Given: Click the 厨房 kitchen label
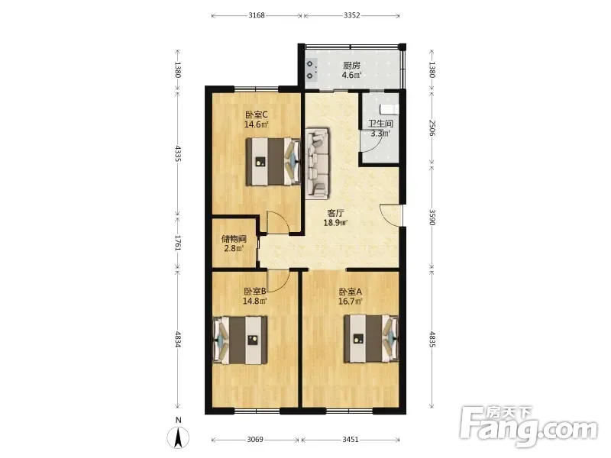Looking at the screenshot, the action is click(351, 66).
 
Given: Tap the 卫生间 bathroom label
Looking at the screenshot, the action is click(380, 124).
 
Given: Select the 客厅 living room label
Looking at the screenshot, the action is click(335, 213).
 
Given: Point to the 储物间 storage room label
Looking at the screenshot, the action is click(234, 239).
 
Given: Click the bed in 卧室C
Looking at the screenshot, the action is click(273, 162).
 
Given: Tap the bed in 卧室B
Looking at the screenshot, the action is click(240, 340).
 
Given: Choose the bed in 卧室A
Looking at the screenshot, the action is click(371, 339).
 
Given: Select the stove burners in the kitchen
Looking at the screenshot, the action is click(310, 69).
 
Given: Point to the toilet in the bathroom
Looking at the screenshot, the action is click(390, 109).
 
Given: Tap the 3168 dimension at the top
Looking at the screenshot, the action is click(257, 15).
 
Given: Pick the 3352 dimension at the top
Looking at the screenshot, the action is click(351, 15).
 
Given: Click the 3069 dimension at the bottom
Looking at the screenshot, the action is click(255, 440).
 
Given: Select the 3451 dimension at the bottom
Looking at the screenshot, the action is click(351, 440).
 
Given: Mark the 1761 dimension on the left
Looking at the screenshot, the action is click(178, 243).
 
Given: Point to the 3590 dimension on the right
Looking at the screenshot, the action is click(432, 218).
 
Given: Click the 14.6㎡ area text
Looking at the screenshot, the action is click(257, 124).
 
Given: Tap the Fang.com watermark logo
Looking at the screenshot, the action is click(528, 427).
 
